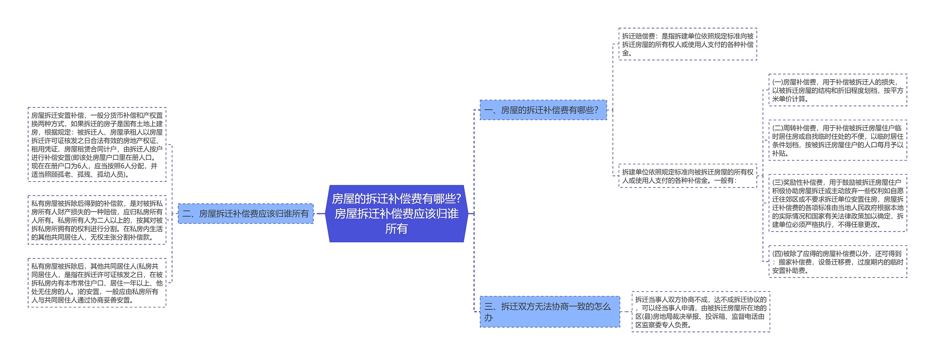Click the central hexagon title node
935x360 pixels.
[x=396, y=214]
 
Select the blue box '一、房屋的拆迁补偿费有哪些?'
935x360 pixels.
[x=543, y=110]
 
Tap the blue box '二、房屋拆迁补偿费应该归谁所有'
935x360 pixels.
[x=245, y=214]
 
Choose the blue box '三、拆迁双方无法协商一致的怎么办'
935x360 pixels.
[x=549, y=311]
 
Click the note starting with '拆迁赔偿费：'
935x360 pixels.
[x=687, y=44]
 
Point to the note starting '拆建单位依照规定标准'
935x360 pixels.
[x=687, y=176]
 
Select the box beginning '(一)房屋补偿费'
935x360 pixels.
[x=837, y=90]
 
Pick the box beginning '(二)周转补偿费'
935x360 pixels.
[x=837, y=141]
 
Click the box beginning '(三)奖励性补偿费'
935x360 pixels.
[x=837, y=203]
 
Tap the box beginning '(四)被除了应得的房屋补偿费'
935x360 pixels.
[x=837, y=262]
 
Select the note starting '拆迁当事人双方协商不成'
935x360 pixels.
[x=701, y=312]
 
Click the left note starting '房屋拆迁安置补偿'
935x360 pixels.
[x=97, y=145]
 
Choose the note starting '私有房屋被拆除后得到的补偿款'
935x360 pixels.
[x=97, y=220]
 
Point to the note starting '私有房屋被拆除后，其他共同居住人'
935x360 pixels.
[x=97, y=283]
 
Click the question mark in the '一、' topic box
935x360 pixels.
[x=596, y=110]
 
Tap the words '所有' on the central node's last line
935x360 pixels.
[x=396, y=229]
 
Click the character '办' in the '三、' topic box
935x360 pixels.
[x=488, y=318]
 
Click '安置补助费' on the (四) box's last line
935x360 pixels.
[x=788, y=271]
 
